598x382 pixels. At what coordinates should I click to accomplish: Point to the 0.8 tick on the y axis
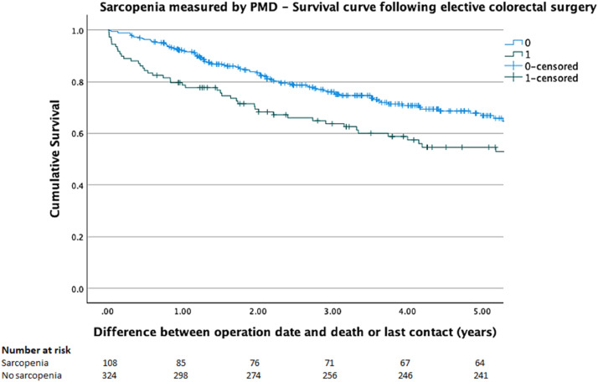click(76, 82)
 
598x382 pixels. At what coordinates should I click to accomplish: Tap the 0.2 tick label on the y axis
click(76, 237)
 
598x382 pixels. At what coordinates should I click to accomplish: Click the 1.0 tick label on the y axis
click(76, 31)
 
